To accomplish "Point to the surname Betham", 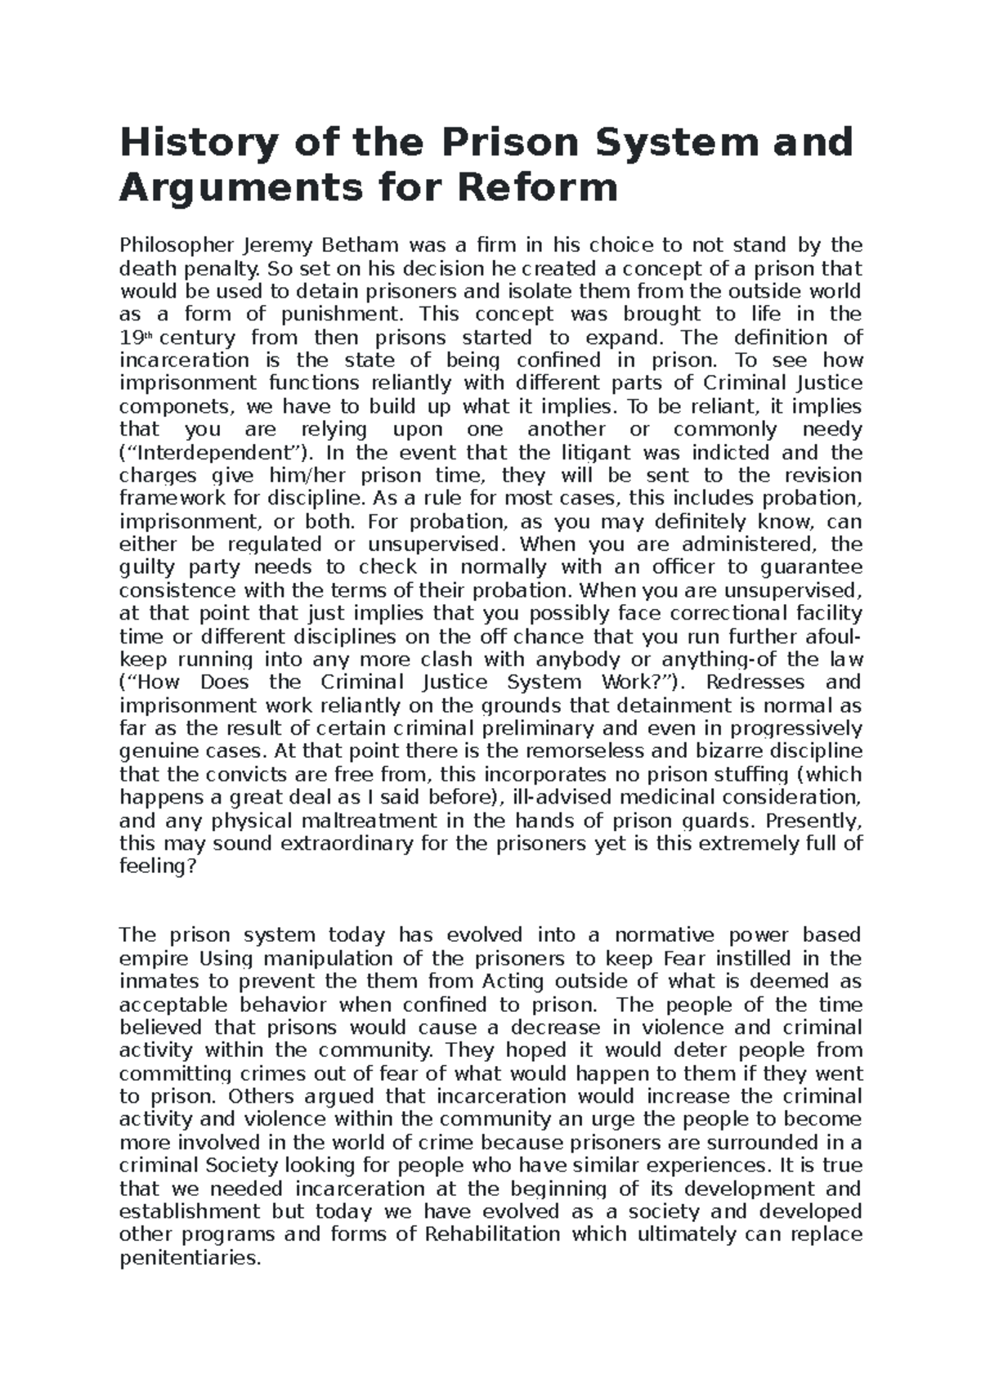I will (x=361, y=245).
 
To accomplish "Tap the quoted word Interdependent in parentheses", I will (x=214, y=453).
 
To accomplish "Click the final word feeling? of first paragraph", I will (x=158, y=866).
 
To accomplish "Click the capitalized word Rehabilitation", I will (x=493, y=1234).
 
